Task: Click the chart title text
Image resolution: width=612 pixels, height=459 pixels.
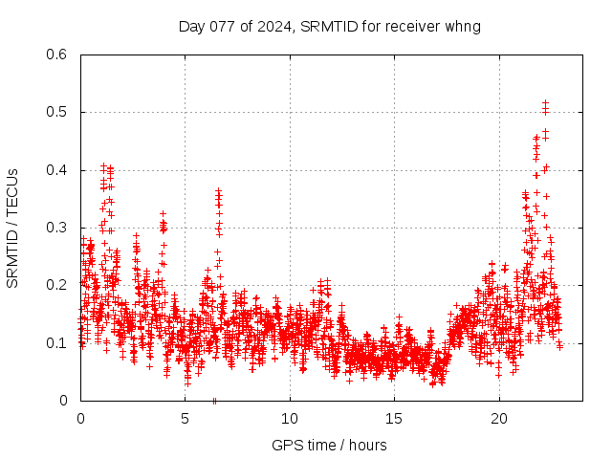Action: coord(329,26)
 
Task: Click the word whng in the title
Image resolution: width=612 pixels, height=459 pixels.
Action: coord(463,26)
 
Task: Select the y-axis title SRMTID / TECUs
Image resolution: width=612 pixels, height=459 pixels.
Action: coord(13,227)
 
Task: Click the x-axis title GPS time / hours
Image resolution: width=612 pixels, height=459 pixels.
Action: coord(329,445)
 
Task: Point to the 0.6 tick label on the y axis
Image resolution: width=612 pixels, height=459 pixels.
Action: coord(57,55)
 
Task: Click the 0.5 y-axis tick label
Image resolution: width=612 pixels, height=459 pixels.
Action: coord(57,113)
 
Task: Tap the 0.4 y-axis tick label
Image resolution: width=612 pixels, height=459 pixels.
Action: coord(57,170)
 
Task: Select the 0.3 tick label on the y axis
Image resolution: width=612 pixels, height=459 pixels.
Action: coord(57,228)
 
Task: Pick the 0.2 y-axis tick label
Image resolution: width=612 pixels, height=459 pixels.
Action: coord(57,285)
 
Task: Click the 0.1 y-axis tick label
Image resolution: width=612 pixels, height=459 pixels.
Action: coord(57,342)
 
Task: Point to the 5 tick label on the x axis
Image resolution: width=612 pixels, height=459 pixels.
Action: coord(186,418)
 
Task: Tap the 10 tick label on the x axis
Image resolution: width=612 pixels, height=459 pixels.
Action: coord(290,418)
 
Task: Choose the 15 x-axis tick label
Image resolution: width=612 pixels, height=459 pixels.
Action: coord(395,418)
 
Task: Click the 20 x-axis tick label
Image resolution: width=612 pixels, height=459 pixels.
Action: coord(499,418)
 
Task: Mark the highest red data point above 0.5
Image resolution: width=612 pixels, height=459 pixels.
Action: coord(545,102)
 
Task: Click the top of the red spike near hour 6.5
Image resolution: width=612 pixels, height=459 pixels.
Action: coord(218,191)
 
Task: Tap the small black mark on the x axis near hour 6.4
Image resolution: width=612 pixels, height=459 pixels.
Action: coord(214,401)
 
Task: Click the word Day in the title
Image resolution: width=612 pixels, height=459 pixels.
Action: coord(190,26)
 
